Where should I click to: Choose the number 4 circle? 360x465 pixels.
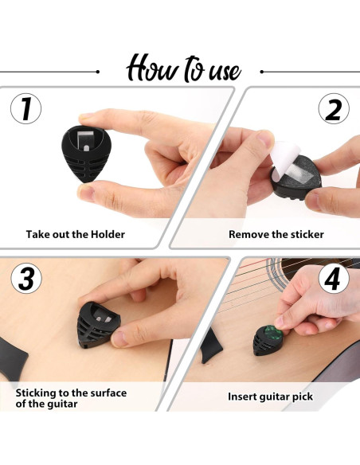click(x=334, y=279)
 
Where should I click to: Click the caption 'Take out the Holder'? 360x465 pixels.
click(x=75, y=235)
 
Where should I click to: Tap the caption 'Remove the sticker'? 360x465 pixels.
click(x=276, y=235)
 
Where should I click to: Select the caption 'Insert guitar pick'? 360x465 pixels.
click(x=270, y=396)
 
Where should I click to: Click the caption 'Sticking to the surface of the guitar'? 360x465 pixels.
click(x=71, y=398)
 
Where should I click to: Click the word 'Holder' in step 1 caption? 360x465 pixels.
click(x=108, y=235)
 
